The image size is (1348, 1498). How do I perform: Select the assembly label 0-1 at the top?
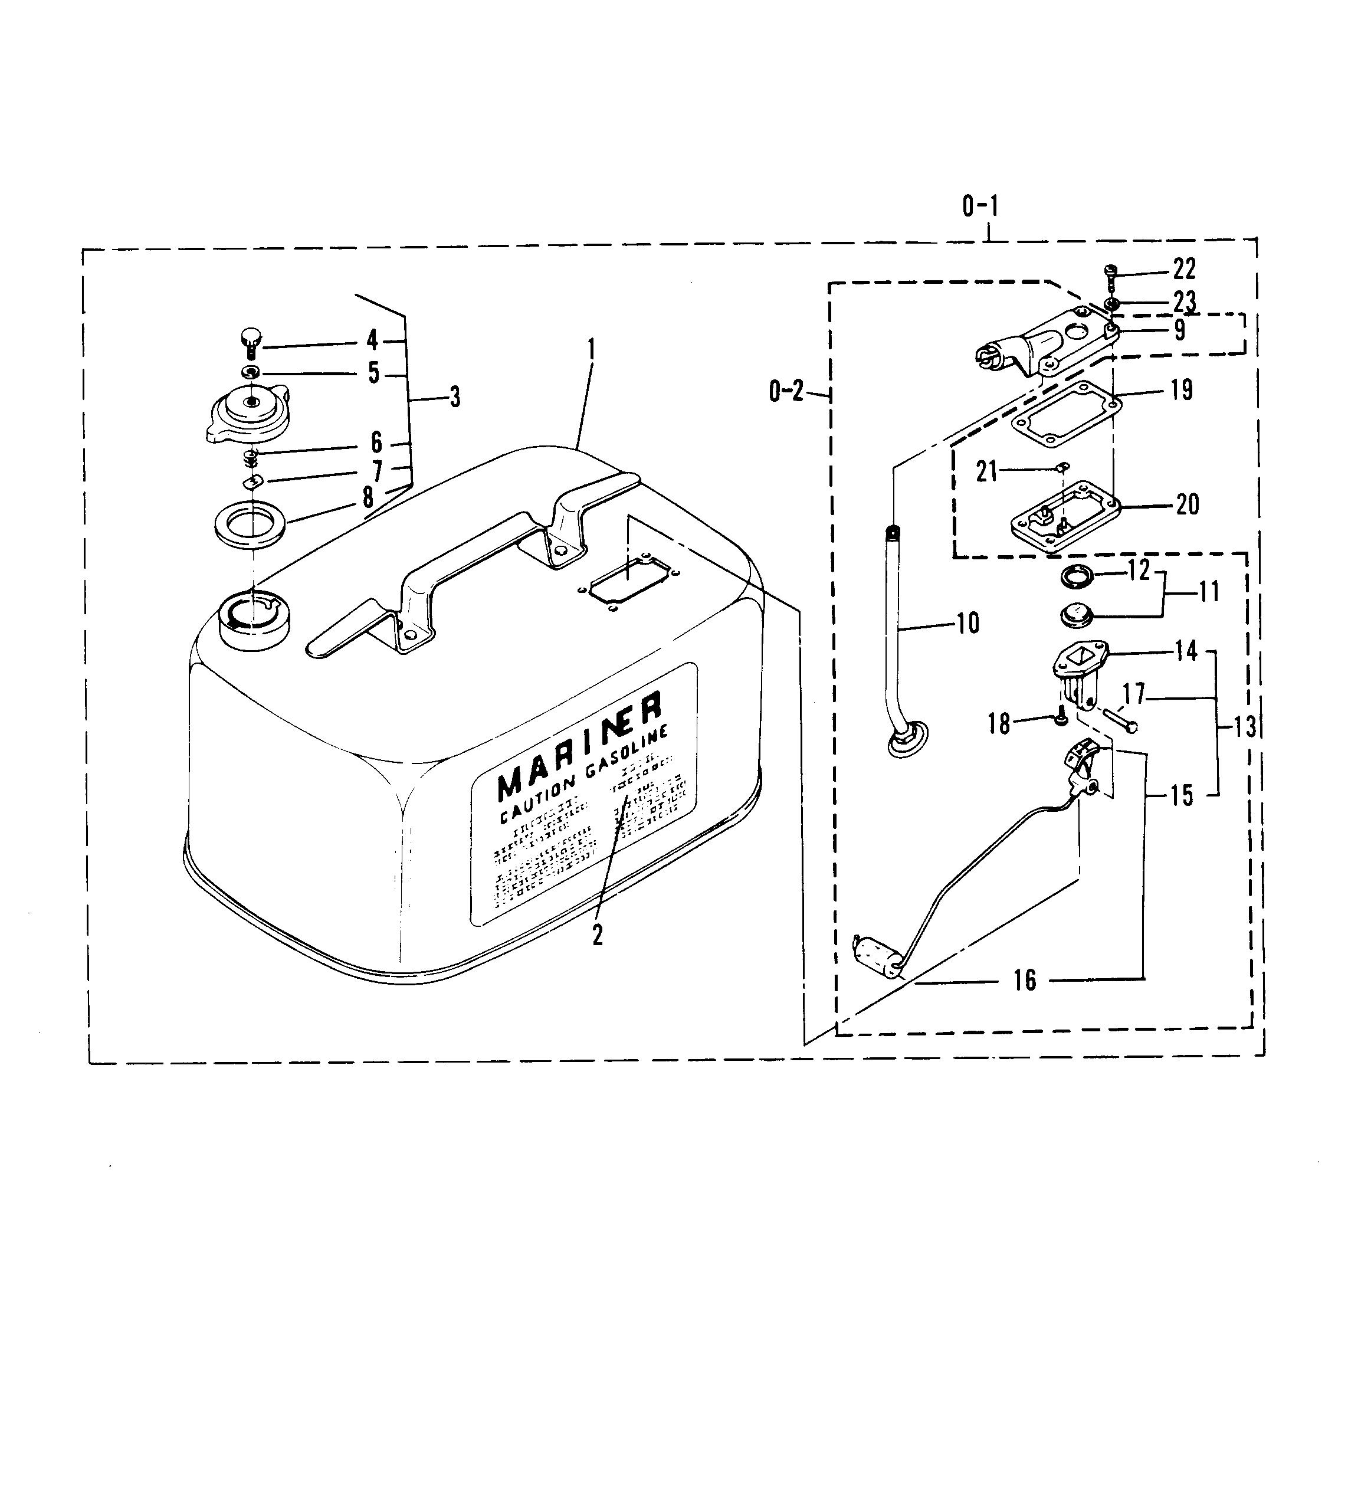point(980,206)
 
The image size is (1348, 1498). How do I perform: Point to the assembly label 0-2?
point(786,391)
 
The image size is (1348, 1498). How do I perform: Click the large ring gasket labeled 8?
point(250,526)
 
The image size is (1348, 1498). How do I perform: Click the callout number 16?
point(1024,981)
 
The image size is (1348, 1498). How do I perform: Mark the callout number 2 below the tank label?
point(597,936)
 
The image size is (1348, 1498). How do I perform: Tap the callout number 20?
point(1188,504)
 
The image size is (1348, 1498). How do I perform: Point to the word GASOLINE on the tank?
point(629,762)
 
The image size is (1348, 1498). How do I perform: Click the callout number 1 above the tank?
point(591,349)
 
